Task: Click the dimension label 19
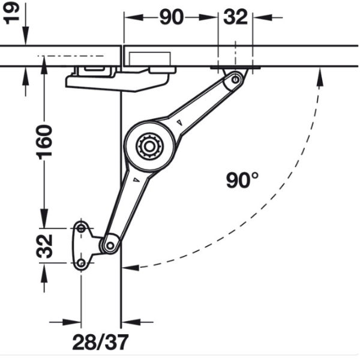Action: tap(11, 13)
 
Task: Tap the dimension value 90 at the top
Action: tap(172, 17)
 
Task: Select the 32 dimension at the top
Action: tap(236, 17)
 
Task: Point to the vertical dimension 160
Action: tap(44, 142)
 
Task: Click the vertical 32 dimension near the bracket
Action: tap(44, 246)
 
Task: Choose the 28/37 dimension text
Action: tap(100, 343)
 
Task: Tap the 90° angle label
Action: tap(242, 180)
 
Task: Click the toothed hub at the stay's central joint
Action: tap(149, 146)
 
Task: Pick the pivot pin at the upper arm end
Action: tap(235, 80)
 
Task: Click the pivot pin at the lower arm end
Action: tap(110, 245)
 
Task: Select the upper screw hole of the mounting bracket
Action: tap(81, 229)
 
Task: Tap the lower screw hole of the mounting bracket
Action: tap(81, 263)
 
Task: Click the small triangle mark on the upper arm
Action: tap(180, 122)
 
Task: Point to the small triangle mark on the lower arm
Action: tap(137, 180)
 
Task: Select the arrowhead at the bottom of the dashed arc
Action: tap(130, 268)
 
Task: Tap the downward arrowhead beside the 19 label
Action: tap(25, 35)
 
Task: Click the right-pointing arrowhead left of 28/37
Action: tap(72, 322)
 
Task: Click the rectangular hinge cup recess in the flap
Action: tap(149, 59)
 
